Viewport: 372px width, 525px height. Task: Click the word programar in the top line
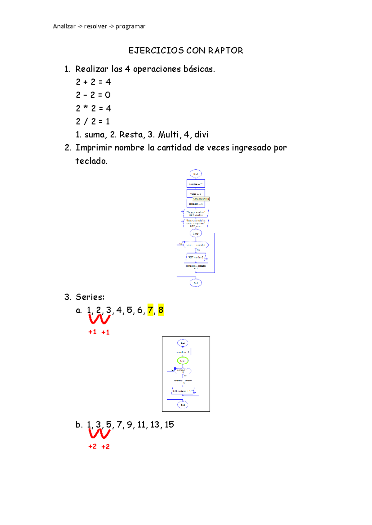(130, 26)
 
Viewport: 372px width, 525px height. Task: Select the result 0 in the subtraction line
(108, 95)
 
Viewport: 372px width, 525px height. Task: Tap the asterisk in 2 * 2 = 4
(86, 108)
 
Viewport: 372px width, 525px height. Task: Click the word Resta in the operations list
(131, 135)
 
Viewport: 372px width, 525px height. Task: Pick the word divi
(201, 135)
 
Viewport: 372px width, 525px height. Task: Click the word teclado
(91, 161)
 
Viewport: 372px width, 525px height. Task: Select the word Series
(90, 297)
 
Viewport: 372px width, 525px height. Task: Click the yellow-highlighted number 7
(150, 310)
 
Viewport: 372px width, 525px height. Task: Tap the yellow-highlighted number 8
(161, 310)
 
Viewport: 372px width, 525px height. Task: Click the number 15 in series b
(169, 424)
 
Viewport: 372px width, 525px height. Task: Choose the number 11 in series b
(141, 424)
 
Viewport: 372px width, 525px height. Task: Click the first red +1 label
(92, 332)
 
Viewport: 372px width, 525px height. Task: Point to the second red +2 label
(105, 446)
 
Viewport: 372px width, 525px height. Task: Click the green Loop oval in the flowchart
(183, 361)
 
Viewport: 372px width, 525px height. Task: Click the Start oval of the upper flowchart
(196, 174)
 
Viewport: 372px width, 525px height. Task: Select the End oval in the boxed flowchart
(183, 405)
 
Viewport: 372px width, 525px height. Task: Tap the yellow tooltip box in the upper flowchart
(201, 199)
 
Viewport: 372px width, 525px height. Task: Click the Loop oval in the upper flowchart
(196, 233)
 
